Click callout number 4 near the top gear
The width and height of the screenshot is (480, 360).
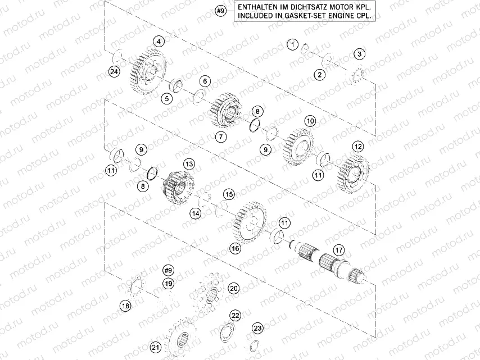pos(160,42)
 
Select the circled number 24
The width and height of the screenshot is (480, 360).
pos(115,72)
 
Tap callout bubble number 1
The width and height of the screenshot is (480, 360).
pos(292,44)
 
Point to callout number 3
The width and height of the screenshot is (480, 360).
pos(359,54)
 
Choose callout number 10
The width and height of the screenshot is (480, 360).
pos(310,121)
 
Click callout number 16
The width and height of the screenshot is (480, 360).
pos(235,248)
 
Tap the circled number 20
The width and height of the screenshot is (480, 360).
pos(234,288)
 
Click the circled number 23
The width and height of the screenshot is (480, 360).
pos(257,328)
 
